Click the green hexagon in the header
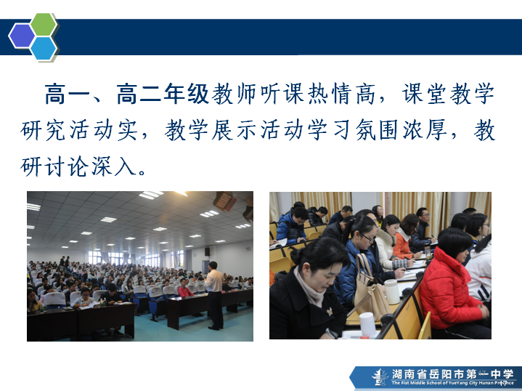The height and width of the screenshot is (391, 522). tap(44, 24)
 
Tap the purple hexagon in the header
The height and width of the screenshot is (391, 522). tap(22, 36)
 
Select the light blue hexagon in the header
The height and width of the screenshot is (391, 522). tap(44, 49)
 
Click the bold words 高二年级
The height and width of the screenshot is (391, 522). tap(163, 94)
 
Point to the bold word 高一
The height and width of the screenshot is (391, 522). tap(67, 94)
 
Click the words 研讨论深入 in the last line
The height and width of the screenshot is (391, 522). tap(79, 166)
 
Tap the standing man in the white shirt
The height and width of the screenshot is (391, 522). tap(214, 295)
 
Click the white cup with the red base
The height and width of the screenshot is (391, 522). tap(367, 326)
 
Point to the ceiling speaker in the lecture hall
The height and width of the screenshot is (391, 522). tap(225, 201)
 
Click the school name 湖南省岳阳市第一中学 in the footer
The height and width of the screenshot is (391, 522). tap(452, 374)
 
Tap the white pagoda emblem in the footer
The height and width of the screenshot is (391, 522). tap(380, 377)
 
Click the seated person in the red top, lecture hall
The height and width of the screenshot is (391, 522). tap(184, 289)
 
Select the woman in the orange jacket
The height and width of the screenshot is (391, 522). tap(405, 238)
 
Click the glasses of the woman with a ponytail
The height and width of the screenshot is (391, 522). tap(368, 238)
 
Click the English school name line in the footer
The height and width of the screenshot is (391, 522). tap(452, 383)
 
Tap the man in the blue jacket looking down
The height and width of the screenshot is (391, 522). tap(293, 226)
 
